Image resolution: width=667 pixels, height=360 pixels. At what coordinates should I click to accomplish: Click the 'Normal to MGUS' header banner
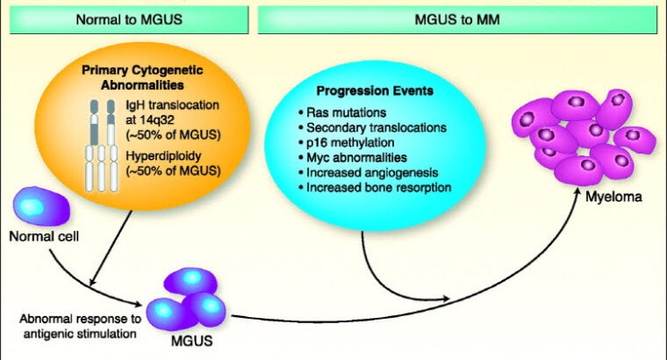(x=129, y=20)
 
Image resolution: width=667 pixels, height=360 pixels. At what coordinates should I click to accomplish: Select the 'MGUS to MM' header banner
(x=457, y=20)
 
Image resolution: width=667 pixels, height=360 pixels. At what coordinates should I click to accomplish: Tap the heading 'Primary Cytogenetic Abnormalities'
(x=143, y=77)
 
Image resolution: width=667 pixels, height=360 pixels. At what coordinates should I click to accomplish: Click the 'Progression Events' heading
(x=374, y=91)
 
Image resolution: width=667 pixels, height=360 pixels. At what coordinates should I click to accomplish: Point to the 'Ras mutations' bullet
(x=342, y=113)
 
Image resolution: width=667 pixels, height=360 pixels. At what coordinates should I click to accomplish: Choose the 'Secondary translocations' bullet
(x=373, y=127)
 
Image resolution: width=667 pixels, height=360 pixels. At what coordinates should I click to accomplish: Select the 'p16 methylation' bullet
(x=347, y=143)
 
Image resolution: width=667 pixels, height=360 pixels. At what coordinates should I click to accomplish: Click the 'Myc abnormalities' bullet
(x=353, y=157)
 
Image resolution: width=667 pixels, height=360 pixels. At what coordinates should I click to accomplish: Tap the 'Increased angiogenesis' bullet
(x=368, y=172)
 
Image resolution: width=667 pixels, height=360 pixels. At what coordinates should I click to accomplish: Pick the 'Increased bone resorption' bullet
(x=374, y=188)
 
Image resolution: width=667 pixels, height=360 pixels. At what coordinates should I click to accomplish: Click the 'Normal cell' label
(x=44, y=236)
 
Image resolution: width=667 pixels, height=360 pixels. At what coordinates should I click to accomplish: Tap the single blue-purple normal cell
(x=41, y=206)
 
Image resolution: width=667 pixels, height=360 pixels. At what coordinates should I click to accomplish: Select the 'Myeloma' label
(x=614, y=197)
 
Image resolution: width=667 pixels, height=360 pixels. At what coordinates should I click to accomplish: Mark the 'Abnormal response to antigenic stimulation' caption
(x=80, y=326)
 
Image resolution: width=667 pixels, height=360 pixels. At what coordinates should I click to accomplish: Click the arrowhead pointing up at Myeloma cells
(x=577, y=194)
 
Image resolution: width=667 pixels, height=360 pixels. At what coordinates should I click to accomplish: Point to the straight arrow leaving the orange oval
(x=110, y=249)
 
